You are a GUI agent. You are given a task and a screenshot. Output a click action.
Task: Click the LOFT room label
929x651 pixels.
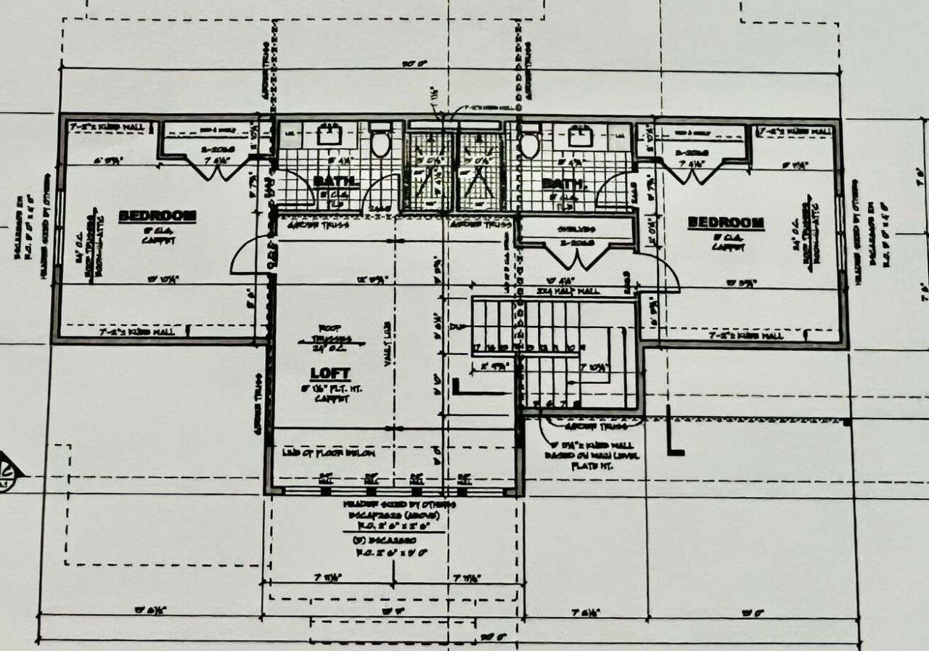tap(330, 374)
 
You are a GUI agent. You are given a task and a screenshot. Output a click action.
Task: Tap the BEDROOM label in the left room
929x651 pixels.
tap(157, 216)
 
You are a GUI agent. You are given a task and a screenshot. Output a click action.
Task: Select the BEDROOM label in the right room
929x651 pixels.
tap(725, 222)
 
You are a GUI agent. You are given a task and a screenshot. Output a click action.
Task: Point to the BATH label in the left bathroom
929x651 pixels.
tap(335, 180)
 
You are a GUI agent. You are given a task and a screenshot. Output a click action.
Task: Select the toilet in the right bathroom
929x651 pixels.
tap(530, 144)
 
